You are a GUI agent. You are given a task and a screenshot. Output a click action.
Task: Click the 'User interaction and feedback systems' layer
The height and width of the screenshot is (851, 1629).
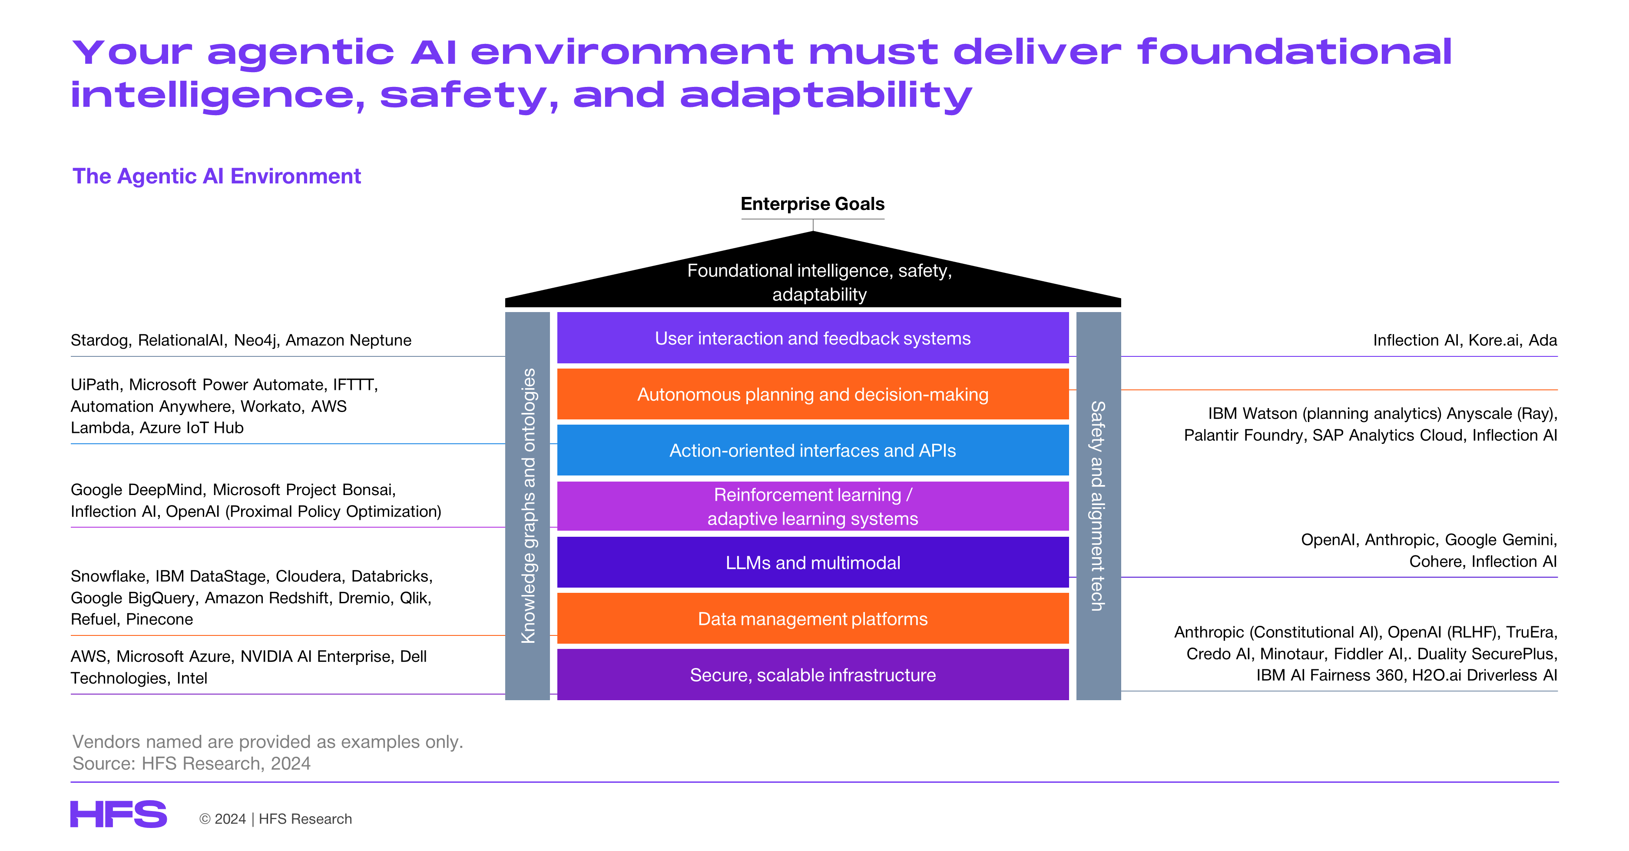(x=813, y=338)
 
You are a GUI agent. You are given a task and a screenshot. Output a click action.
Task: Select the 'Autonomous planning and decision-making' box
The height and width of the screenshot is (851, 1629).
(x=813, y=394)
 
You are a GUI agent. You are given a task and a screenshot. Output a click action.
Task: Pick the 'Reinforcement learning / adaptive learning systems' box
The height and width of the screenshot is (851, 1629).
(x=813, y=506)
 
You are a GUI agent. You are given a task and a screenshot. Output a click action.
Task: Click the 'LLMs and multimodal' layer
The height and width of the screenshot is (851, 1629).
(x=813, y=562)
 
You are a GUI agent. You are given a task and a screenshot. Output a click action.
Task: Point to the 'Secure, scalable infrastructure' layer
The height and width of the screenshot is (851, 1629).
(x=813, y=675)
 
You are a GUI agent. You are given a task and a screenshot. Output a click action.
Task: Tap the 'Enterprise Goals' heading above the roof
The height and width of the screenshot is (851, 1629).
(x=813, y=204)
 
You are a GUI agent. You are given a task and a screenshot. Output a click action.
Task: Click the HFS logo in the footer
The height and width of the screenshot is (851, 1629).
(x=118, y=814)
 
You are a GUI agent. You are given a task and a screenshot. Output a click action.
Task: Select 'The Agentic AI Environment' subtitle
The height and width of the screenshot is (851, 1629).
(x=217, y=176)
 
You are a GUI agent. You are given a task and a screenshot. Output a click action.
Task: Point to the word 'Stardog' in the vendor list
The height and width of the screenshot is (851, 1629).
(x=100, y=340)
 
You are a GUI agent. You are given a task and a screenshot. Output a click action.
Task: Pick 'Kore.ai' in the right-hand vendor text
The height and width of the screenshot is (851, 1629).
(x=1493, y=340)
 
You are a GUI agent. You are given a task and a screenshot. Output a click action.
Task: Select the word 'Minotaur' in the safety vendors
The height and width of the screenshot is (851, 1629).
(x=1293, y=654)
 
